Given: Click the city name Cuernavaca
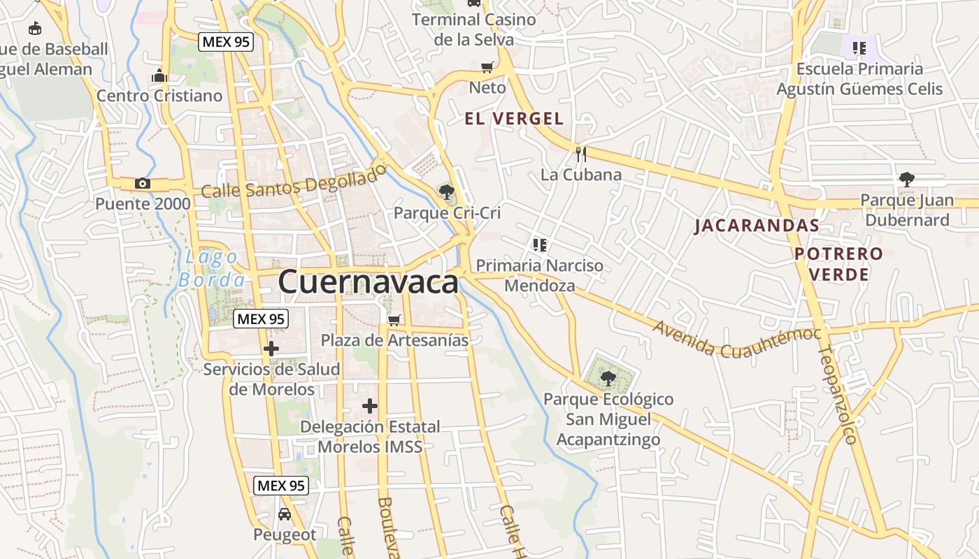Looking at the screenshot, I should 369,282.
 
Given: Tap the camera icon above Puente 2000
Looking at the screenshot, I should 143,184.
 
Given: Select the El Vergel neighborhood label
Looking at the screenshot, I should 514,119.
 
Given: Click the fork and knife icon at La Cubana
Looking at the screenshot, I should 581,154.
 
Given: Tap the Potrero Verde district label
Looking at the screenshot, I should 839,263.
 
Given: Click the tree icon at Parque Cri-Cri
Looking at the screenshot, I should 447,191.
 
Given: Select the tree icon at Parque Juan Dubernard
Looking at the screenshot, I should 907,180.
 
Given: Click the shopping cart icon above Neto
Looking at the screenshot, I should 487,67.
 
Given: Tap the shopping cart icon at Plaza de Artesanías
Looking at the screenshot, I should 394,320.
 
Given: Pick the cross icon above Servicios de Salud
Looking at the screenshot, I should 271,349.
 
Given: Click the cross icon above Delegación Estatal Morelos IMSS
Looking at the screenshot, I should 370,406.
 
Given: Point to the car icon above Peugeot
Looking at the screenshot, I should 285,514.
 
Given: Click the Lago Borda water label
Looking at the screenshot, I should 211,269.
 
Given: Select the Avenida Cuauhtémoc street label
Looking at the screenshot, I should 736,339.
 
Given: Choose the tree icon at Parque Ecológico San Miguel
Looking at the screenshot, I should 608,379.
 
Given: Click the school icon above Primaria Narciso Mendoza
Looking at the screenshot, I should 539,245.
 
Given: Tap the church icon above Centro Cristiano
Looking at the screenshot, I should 159,75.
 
